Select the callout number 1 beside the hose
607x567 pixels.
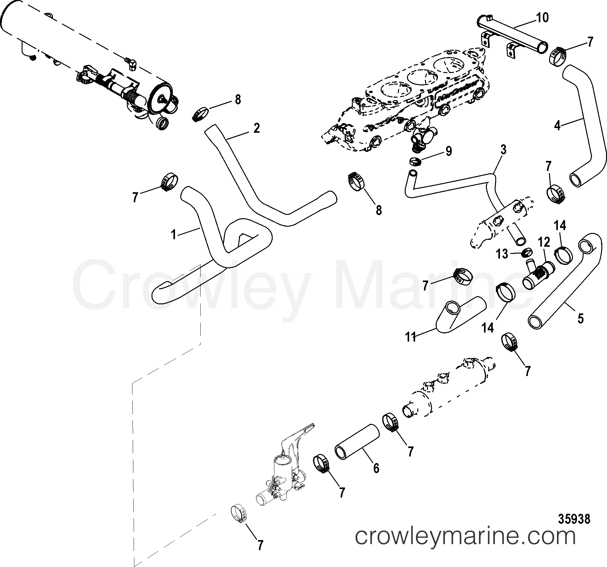click(x=174, y=235)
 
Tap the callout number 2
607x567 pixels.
click(x=256, y=128)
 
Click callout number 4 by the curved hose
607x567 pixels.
click(x=557, y=126)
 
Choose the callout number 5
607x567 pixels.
click(x=580, y=319)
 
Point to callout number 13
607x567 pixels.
click(x=502, y=254)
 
